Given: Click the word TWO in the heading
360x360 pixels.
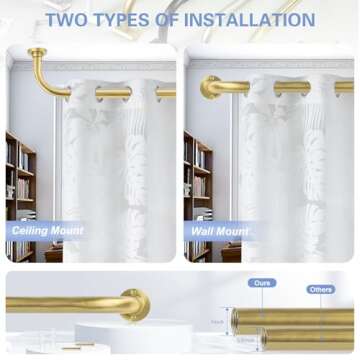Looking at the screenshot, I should coord(68,19).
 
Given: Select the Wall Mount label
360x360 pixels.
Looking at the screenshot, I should coord(218,230).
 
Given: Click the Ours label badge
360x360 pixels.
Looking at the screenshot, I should coord(261,283).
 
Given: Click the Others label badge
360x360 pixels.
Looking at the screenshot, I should coord(320,290).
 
